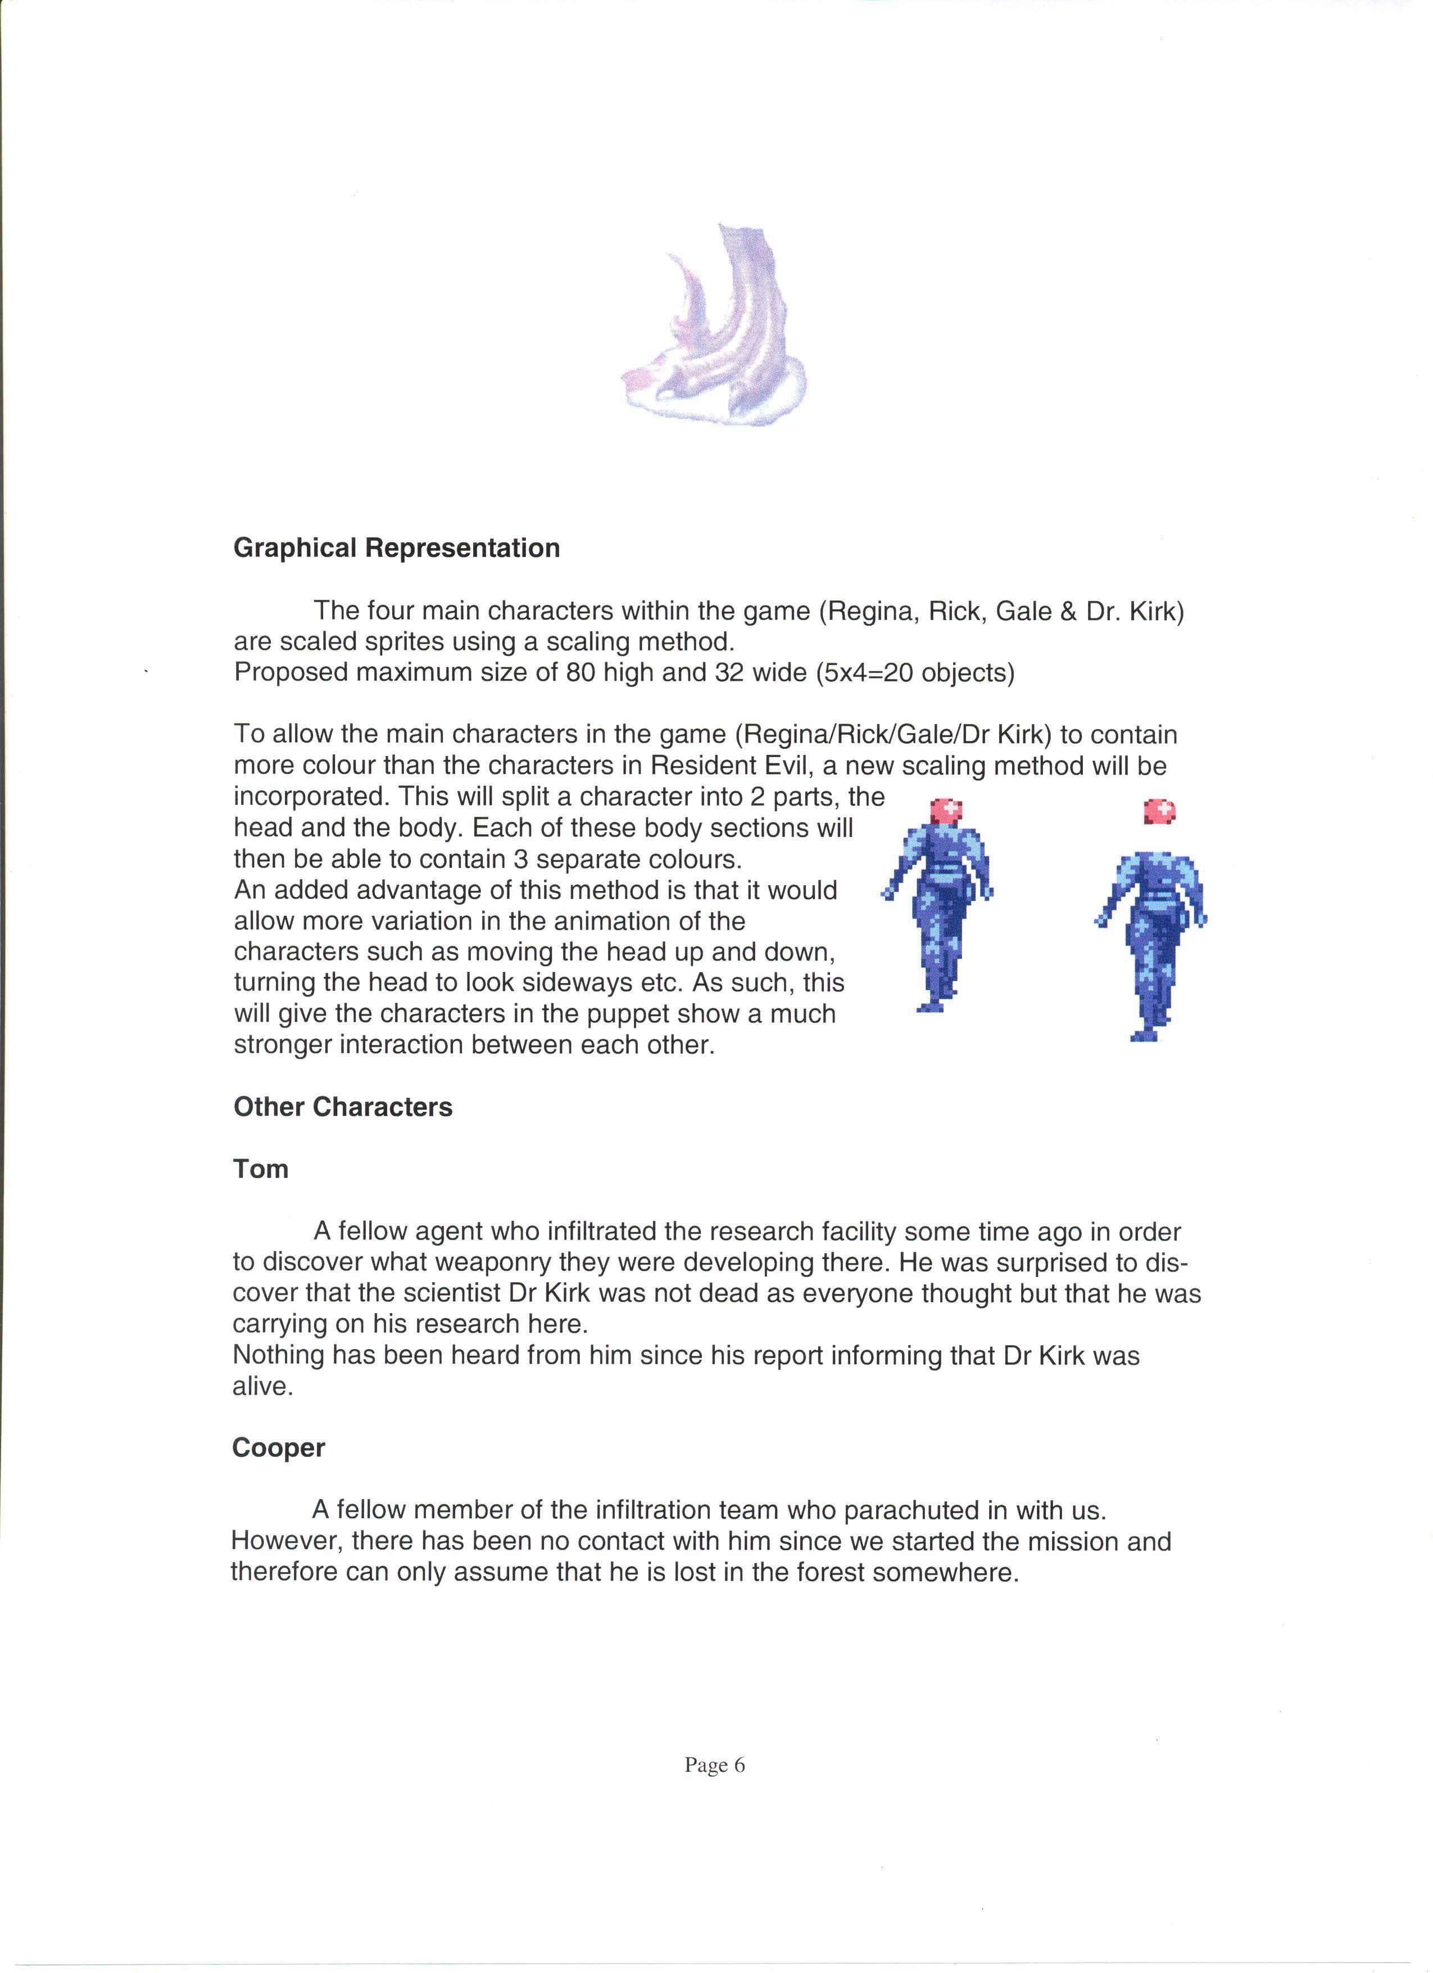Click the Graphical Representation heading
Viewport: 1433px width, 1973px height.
(x=397, y=548)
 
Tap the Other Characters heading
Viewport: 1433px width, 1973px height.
(x=343, y=1107)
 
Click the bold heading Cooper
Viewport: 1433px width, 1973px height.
(x=278, y=1447)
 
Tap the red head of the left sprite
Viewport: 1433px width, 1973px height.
(x=946, y=811)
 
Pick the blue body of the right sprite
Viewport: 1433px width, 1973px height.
(x=1152, y=939)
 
